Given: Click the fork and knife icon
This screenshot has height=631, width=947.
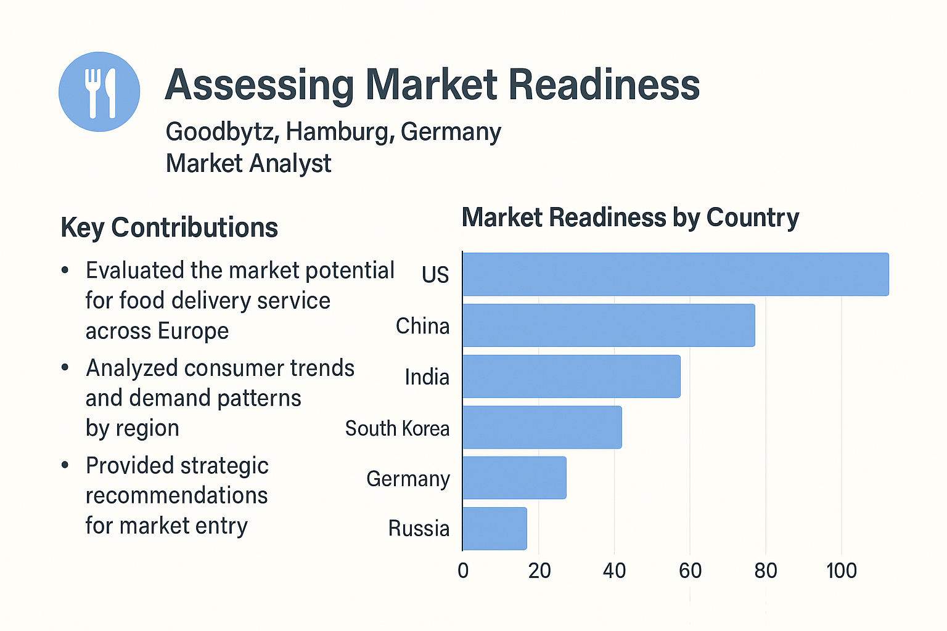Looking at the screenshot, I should click(99, 92).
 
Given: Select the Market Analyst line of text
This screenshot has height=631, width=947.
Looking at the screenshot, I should click(248, 163).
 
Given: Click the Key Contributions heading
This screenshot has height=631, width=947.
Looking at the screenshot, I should click(170, 227).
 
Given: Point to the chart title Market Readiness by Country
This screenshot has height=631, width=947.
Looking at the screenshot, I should click(630, 218).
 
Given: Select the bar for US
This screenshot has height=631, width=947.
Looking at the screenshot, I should click(675, 274).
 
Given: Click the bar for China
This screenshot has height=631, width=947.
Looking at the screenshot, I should click(609, 325).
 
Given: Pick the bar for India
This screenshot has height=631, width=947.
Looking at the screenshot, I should click(572, 377).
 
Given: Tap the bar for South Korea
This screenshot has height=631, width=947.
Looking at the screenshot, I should click(542, 427).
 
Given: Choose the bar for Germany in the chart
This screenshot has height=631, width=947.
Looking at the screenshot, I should click(514, 478).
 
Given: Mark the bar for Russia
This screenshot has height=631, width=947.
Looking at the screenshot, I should click(494, 529).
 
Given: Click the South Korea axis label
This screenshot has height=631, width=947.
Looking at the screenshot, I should click(397, 428).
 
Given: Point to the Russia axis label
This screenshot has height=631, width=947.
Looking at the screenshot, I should click(419, 529).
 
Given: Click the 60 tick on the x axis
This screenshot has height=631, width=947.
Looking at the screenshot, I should click(690, 571).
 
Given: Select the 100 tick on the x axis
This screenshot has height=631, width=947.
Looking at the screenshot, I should click(841, 571).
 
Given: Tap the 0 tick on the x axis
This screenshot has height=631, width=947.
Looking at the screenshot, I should click(463, 571).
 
